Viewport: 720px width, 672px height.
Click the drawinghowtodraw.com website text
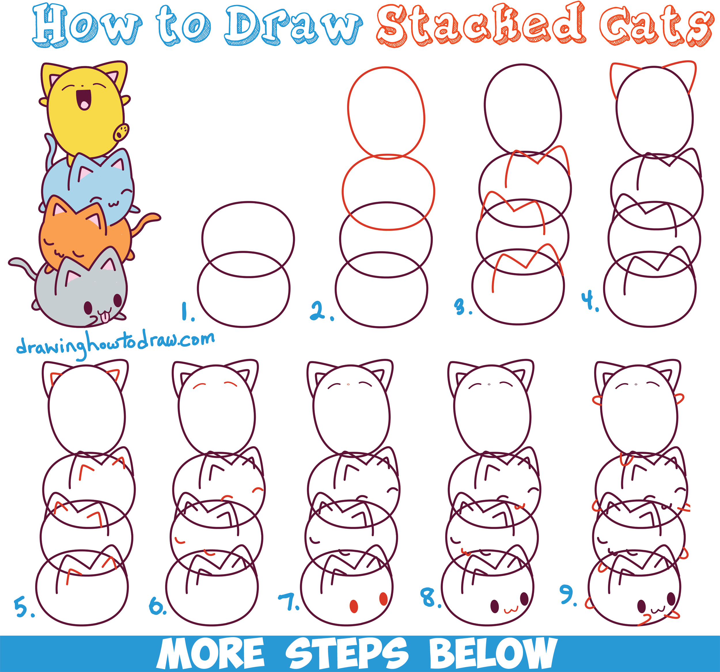pyautogui.click(x=115, y=342)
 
